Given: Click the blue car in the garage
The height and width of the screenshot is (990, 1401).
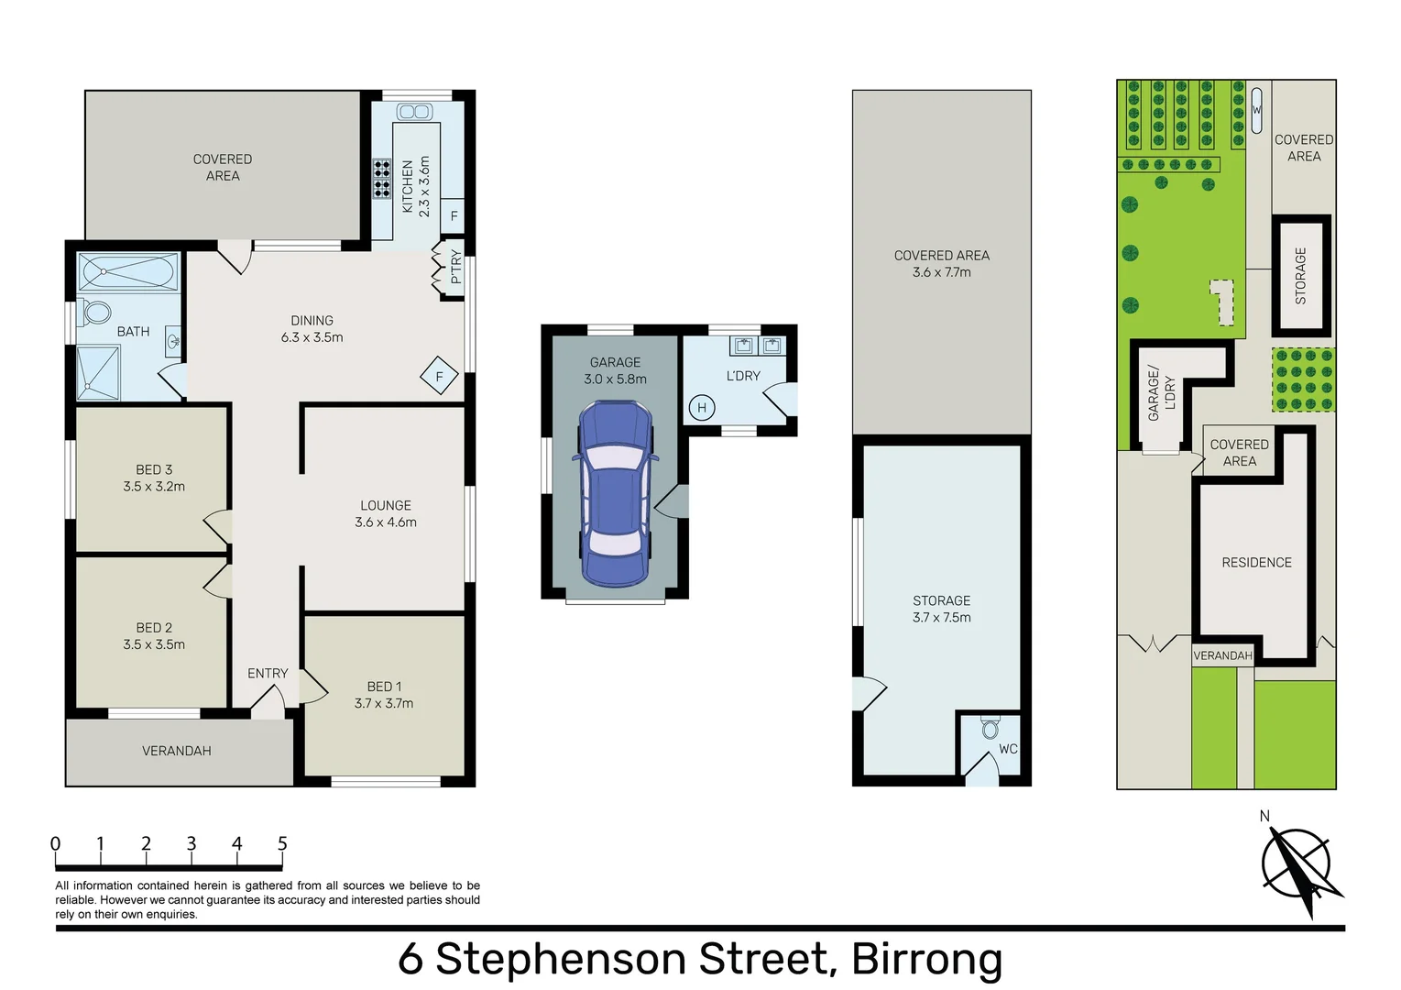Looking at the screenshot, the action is pos(616,494).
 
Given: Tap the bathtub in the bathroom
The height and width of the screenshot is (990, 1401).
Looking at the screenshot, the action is pos(129,272).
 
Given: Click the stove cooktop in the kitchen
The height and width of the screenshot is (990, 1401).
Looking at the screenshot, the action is pos(381,179).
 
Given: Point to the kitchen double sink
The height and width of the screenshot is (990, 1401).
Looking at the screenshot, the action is pos(415,112).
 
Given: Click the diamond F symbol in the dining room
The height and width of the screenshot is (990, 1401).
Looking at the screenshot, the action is pos(439,376).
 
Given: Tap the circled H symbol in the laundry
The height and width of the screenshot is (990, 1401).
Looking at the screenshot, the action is pos(702,408).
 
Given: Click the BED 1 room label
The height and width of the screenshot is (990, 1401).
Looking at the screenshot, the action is pos(384,695).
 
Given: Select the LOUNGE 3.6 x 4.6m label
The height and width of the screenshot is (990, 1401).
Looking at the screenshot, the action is pos(385,513).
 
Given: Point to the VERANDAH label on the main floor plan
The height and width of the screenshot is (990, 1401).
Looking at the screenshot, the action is pos(176,751).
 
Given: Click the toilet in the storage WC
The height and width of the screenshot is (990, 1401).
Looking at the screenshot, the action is pos(991,729).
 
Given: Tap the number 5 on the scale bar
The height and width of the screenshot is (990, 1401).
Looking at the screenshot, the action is pos(282,844).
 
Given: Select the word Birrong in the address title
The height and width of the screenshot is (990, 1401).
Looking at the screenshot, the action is pos(927,959).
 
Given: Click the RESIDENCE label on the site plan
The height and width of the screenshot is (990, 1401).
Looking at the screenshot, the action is pos(1256,563).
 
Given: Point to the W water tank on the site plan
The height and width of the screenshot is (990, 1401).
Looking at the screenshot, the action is pos(1256,110).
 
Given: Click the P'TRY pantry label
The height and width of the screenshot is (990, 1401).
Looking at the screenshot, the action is pos(455,268).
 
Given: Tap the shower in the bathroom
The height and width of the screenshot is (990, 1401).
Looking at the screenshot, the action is pos(98,373).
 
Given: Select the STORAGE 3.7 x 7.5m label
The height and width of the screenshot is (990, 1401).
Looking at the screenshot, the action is pos(941,609).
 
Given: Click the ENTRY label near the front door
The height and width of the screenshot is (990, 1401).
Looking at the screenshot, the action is pos(268,674).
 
